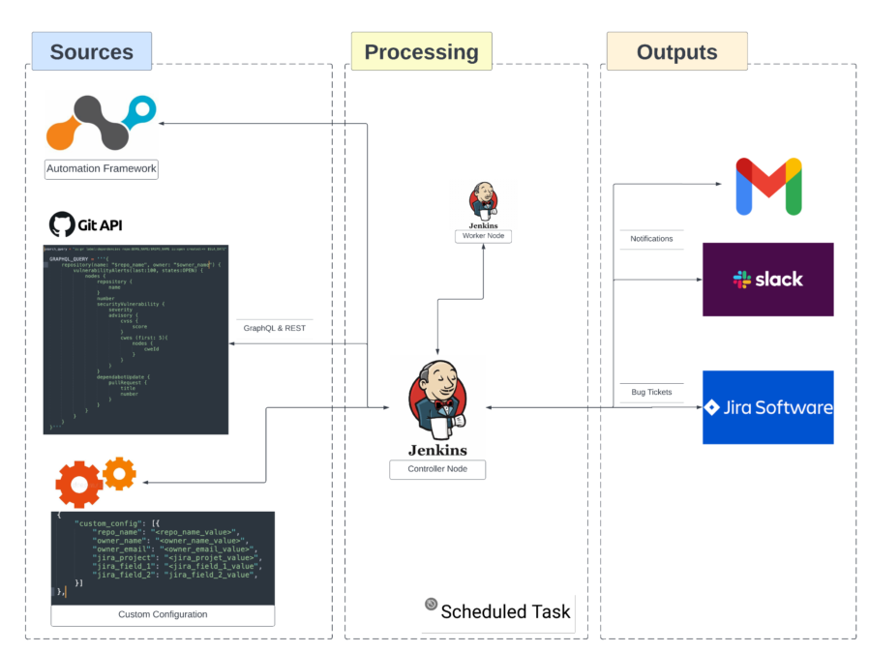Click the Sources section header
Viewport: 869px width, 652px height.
pos(91,51)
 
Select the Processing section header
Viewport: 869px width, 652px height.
pos(421,51)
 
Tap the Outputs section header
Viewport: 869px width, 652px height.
pos(676,51)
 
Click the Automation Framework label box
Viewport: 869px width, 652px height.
pos(102,168)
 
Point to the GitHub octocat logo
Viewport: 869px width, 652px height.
pos(62,224)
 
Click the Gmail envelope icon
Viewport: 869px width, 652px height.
pos(768,186)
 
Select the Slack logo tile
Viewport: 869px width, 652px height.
pos(767,280)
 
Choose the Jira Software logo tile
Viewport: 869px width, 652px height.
pos(767,407)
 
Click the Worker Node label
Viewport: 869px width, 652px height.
pos(483,236)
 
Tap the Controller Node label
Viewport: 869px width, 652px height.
pos(437,469)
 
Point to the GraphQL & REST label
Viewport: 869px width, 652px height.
pos(274,327)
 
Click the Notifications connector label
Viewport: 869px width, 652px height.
pos(651,238)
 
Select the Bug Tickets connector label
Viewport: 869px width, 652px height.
pos(651,392)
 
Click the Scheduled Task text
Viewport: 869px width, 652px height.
pos(505,611)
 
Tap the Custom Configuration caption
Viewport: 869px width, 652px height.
pos(163,614)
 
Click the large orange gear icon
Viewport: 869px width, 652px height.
pos(79,484)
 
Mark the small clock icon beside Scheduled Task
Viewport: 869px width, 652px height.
pos(431,605)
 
